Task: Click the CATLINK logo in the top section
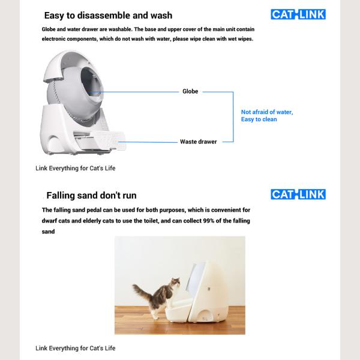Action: (x=298, y=14)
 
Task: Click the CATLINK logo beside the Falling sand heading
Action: (x=298, y=194)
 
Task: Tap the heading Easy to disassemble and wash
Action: (x=108, y=16)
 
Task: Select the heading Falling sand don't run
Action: (x=91, y=196)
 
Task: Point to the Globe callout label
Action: (x=190, y=92)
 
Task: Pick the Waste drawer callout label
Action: (x=199, y=142)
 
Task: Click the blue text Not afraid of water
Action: (x=267, y=112)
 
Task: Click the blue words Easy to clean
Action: (x=259, y=119)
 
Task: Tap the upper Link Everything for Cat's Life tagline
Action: (x=75, y=168)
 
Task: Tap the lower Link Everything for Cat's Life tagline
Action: (x=75, y=348)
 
